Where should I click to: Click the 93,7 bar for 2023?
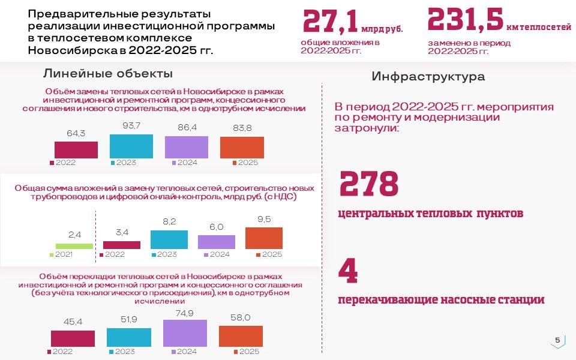click(x=131, y=146)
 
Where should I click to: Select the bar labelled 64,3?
click(x=76, y=149)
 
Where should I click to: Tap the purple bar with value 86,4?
click(x=187, y=147)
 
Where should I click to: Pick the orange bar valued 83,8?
click(x=242, y=148)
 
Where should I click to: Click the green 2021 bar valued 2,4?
click(x=74, y=246)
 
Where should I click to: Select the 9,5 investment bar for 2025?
click(x=264, y=238)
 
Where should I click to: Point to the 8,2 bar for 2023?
click(x=169, y=239)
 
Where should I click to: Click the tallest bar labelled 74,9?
click(x=185, y=333)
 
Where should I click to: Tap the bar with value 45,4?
click(x=73, y=338)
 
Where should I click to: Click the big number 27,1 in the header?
click(x=329, y=22)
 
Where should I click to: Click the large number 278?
click(x=369, y=184)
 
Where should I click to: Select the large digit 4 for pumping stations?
click(x=348, y=271)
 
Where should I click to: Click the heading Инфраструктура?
click(x=428, y=77)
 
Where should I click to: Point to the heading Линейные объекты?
click(x=108, y=74)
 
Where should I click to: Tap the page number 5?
click(x=557, y=340)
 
